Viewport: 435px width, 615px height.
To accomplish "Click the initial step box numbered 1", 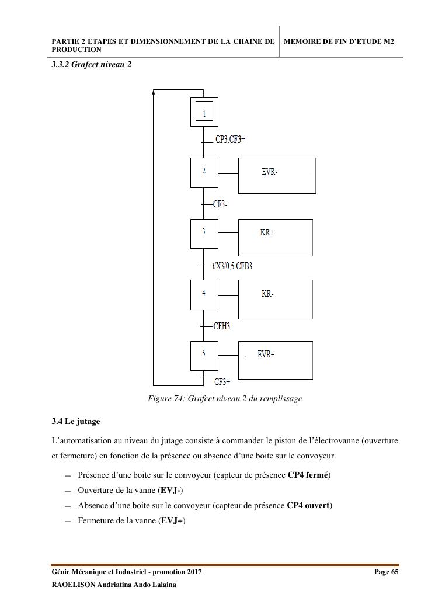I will tap(204, 112).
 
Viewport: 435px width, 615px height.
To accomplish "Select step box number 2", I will tap(204, 172).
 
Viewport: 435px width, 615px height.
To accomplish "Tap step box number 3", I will tap(204, 232).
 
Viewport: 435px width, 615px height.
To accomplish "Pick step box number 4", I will tap(204, 294).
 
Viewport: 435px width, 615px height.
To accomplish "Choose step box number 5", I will tap(204, 355).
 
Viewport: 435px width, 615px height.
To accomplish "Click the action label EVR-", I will tap(270, 172).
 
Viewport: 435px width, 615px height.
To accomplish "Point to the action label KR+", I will tap(267, 232).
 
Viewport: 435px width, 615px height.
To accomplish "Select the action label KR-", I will tap(267, 294).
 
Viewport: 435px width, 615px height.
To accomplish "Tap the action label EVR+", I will tap(266, 355).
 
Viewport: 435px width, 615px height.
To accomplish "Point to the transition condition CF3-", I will tap(220, 204).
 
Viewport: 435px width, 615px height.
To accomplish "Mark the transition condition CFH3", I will tap(221, 326).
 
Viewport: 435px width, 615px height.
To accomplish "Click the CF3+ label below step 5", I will tap(222, 382).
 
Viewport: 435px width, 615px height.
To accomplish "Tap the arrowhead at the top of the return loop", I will tap(154, 92).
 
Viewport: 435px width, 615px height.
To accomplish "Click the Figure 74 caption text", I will tap(225, 399).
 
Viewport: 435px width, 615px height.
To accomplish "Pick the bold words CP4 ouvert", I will tap(309, 505).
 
